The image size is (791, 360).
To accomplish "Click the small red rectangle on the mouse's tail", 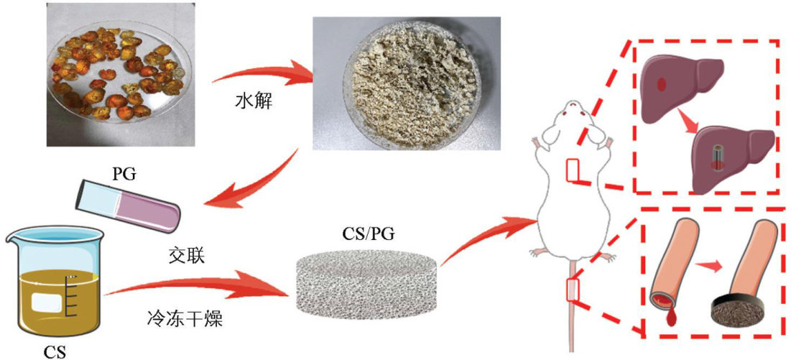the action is pyautogui.click(x=573, y=289).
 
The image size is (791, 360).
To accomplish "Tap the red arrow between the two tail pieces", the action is pyautogui.click(x=711, y=267).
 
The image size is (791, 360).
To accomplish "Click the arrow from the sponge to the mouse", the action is pyautogui.click(x=489, y=230).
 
